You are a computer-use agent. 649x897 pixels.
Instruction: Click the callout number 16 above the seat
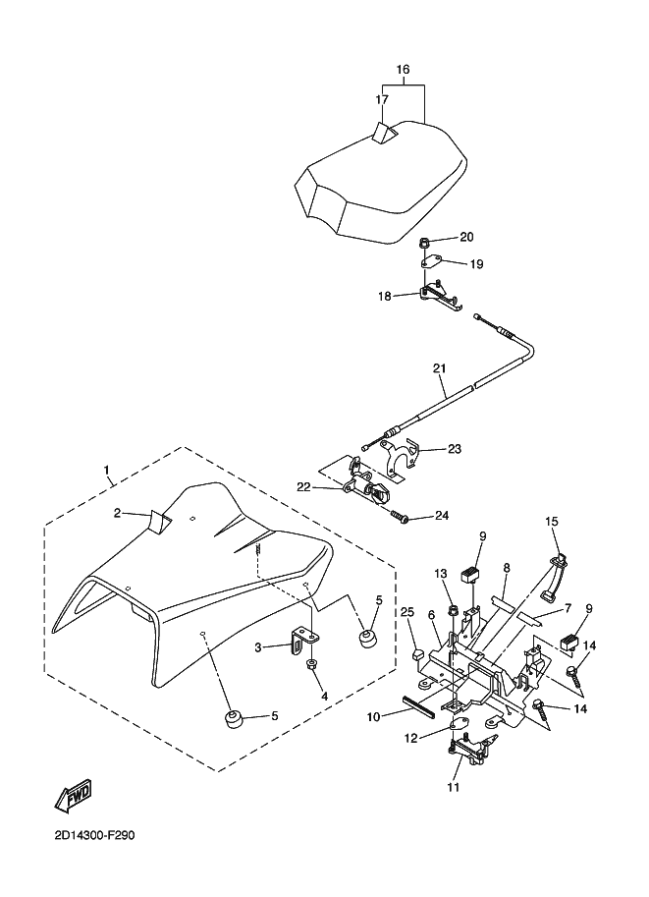click(403, 70)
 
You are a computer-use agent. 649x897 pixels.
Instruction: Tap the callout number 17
click(382, 100)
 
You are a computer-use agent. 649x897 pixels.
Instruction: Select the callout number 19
click(476, 263)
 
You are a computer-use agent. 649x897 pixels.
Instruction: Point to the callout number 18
click(385, 295)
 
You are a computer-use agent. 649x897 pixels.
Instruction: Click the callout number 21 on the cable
click(439, 369)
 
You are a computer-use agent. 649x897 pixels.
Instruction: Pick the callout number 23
click(454, 449)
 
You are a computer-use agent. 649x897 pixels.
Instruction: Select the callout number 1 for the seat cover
click(107, 471)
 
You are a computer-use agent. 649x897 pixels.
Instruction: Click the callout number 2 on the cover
click(116, 514)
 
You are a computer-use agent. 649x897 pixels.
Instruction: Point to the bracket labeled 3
click(297, 645)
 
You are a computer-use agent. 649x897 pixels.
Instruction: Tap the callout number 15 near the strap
click(552, 521)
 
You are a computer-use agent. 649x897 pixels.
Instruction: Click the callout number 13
click(441, 573)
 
